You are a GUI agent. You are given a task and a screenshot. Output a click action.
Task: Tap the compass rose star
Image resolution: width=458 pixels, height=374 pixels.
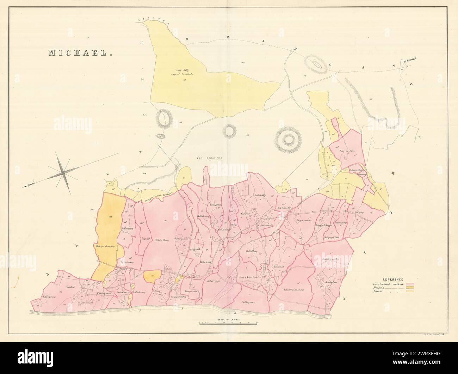tap(63, 172)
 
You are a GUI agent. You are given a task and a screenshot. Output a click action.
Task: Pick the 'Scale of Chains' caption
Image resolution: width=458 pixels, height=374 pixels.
tap(227, 319)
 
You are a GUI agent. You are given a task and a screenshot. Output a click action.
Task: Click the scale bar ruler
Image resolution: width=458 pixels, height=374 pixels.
tap(227, 323)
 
